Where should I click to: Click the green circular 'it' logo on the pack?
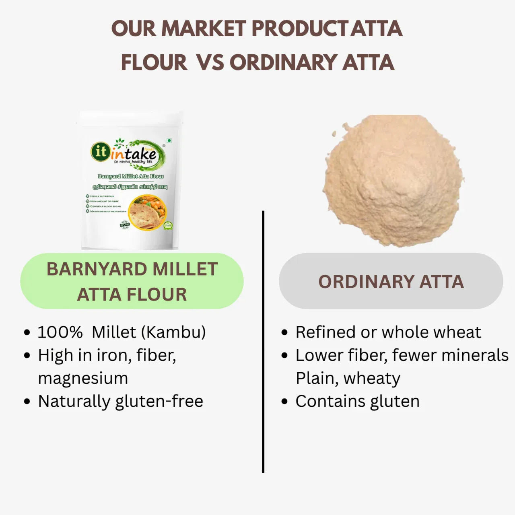tap(100, 151)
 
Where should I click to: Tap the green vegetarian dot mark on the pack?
tap(169, 141)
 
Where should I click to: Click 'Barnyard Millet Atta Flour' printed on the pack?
tap(131, 176)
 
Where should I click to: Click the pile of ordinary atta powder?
tap(393, 181)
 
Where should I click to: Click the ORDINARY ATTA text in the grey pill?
tap(391, 282)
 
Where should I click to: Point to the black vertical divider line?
tap(263, 342)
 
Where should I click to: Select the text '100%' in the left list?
tap(60, 332)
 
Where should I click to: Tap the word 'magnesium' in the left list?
tap(83, 378)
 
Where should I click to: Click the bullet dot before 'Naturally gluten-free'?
tap(27, 402)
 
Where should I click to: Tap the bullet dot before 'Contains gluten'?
tap(285, 402)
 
